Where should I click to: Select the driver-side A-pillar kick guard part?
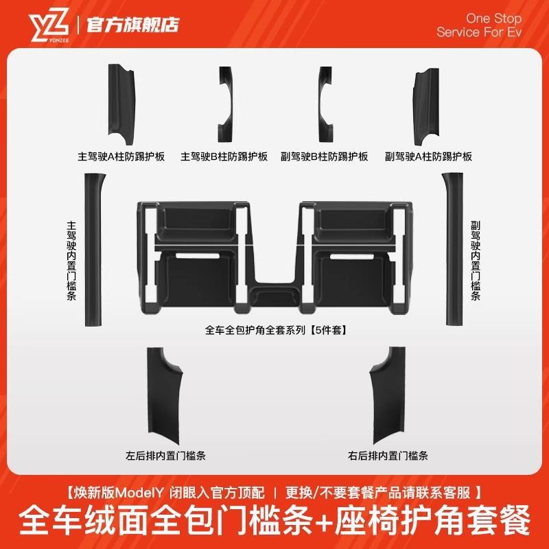pyautogui.click(x=123, y=102)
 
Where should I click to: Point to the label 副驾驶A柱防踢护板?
pyautogui.click(x=429, y=156)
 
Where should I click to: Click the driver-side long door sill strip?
pyautogui.click(x=91, y=250)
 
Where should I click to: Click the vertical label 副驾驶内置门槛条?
pyautogui.click(x=476, y=261)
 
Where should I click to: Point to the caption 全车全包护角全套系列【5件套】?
pyautogui.click(x=274, y=329)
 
